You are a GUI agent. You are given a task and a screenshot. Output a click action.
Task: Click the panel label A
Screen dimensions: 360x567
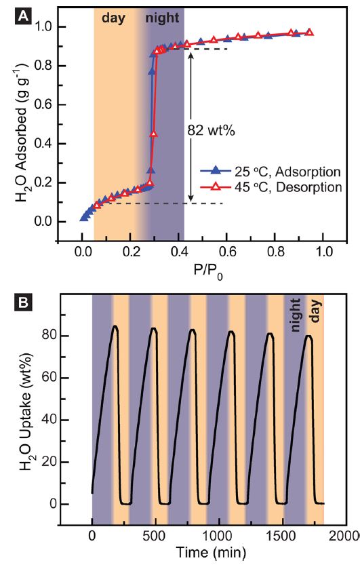tap(23, 16)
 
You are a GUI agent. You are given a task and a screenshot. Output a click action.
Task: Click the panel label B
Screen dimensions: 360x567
tap(23, 302)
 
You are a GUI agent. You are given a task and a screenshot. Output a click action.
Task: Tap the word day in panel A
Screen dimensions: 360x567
tap(113, 18)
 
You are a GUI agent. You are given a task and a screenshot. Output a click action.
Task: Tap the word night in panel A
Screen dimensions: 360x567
tap(162, 18)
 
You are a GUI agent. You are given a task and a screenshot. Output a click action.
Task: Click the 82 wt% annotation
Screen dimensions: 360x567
tap(211, 130)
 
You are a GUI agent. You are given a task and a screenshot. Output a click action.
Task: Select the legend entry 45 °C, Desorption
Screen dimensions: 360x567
tap(271, 187)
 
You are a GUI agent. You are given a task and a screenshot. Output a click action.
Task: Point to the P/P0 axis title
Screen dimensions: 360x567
tap(209, 271)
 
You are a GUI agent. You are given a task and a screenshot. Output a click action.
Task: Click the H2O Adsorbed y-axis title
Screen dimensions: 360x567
tap(21, 133)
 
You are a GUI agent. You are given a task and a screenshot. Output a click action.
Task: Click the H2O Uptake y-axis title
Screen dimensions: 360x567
tap(26, 412)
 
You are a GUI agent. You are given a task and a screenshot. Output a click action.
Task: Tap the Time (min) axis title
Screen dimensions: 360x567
tap(211, 552)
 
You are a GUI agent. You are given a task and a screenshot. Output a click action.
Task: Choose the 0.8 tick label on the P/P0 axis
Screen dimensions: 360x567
tap(276, 252)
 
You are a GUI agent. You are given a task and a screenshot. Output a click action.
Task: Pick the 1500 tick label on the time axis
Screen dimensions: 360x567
tap(277, 536)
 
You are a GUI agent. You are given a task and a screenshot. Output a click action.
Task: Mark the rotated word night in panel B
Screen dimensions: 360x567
tap(296, 315)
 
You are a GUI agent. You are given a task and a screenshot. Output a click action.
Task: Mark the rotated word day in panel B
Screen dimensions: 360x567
tap(315, 311)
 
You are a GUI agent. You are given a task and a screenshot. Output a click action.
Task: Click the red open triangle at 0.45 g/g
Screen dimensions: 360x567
tap(154, 134)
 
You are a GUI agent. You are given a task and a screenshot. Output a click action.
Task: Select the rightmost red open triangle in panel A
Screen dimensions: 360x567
tap(309, 32)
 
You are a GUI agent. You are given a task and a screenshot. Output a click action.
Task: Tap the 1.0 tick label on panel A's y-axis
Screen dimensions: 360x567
tap(44, 26)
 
